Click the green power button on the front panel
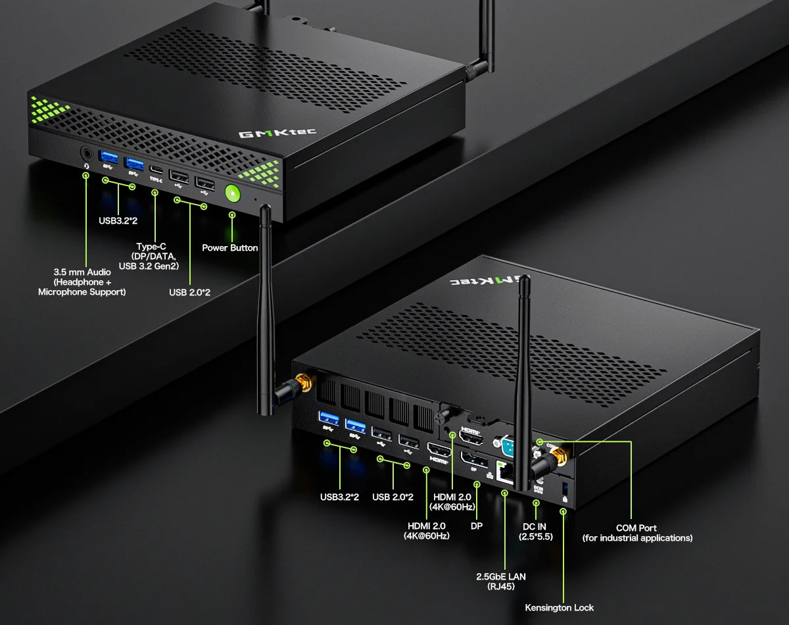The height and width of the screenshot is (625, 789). [232, 193]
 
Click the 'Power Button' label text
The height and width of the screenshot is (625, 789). [229, 248]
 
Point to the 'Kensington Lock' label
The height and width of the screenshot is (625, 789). [559, 607]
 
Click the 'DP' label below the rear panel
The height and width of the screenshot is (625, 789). [477, 526]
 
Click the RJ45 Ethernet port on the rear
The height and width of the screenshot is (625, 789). [506, 472]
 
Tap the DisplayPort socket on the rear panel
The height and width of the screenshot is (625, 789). [473, 461]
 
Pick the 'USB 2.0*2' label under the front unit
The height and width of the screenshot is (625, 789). [189, 292]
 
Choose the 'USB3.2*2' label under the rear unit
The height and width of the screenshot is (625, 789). [339, 496]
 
